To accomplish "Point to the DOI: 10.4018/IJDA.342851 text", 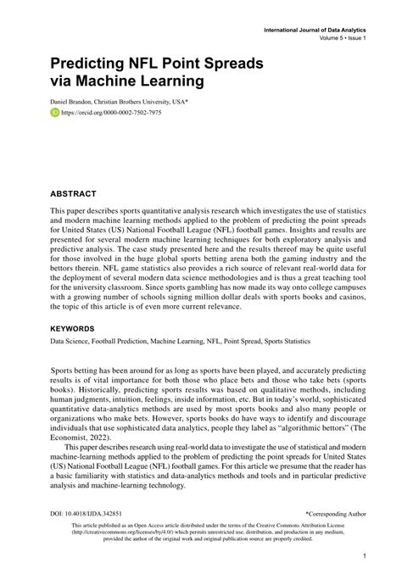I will [86, 514].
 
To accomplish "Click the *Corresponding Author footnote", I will [336, 514].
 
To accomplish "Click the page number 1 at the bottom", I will [363, 557].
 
